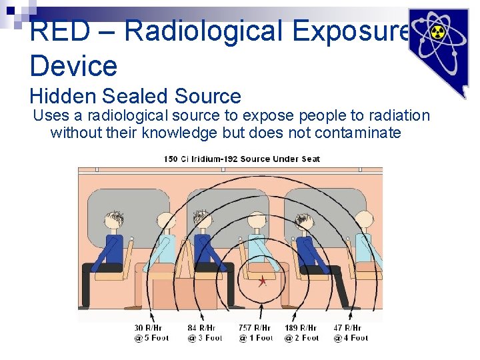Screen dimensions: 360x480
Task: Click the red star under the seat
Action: pos(263,281)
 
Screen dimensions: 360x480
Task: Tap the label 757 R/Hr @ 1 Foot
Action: pos(255,333)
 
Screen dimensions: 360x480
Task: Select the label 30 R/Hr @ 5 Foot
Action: pos(151,333)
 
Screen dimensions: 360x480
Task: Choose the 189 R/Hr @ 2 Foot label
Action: pos(301,333)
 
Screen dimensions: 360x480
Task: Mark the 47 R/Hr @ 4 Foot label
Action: pos(351,333)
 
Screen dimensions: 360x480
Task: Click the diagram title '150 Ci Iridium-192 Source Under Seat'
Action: pos(241,159)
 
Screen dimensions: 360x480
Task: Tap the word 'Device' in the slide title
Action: pos(73,66)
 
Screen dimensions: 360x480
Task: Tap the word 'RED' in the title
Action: pos(57,31)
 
